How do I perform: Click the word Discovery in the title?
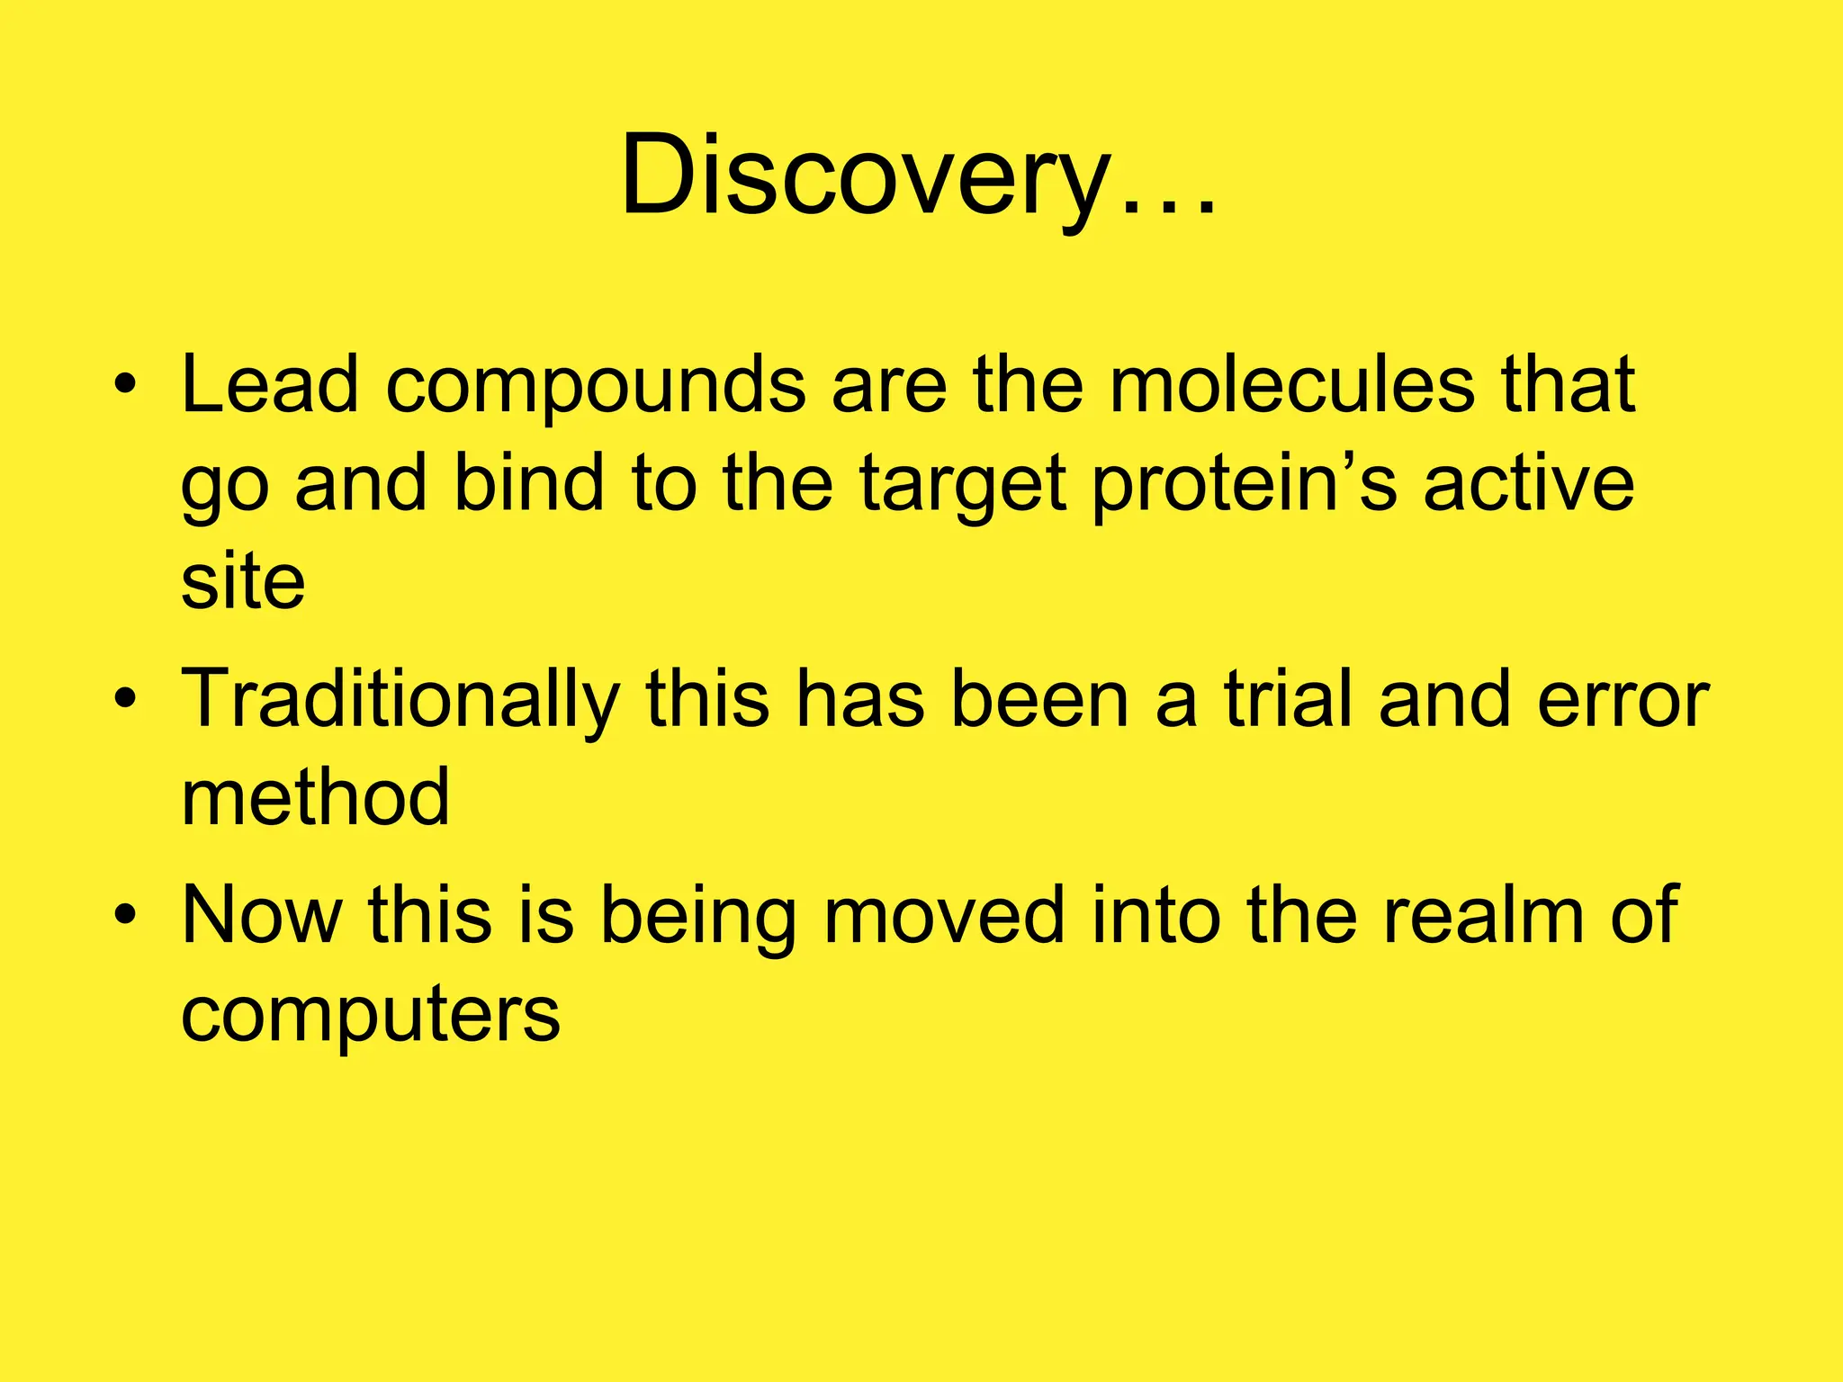(x=864, y=175)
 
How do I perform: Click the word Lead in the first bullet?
(x=270, y=385)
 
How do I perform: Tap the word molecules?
(x=1291, y=385)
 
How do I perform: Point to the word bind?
(x=527, y=483)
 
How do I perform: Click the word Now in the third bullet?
(x=262, y=915)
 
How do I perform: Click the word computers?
(x=370, y=1015)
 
